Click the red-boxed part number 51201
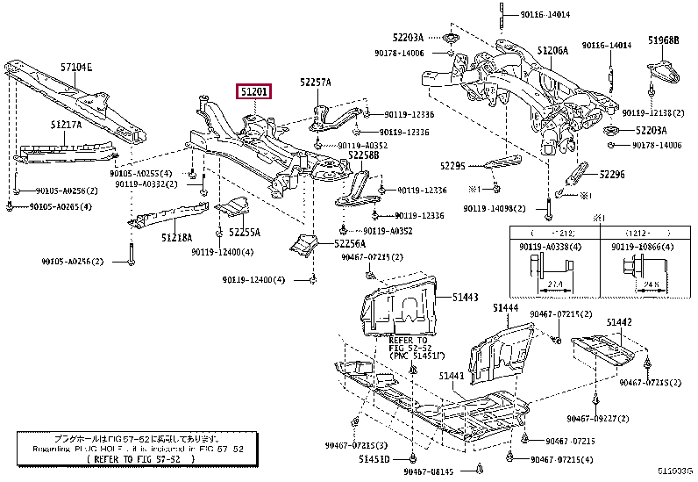coord(253,90)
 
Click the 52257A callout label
coord(315,83)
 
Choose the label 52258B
coord(363,155)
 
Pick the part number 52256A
coord(349,243)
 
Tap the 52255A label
coord(245,233)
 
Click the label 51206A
coord(552,51)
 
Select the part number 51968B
coord(664,40)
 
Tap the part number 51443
coord(466,298)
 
